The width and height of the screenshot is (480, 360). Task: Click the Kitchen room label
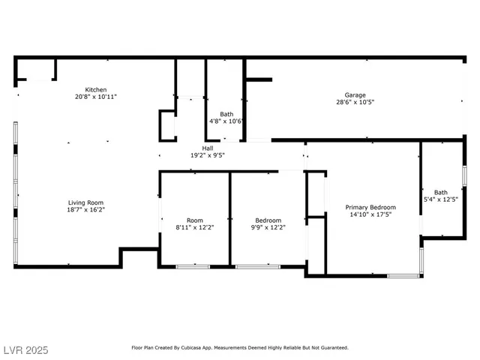point(95,89)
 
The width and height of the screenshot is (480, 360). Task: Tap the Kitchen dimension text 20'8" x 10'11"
point(95,97)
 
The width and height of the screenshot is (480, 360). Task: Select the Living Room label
point(85,202)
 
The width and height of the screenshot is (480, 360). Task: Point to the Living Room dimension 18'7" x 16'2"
point(85,210)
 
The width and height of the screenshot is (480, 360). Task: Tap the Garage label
point(355,94)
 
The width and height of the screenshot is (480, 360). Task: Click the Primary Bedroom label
point(370,207)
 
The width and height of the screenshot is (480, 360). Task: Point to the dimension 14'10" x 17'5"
point(370,214)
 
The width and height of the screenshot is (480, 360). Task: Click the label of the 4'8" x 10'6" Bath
point(226,114)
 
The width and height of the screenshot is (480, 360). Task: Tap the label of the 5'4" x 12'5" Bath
point(440,192)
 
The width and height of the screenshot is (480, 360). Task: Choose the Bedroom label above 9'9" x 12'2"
point(268,220)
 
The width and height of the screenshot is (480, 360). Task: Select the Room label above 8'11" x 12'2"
point(194,220)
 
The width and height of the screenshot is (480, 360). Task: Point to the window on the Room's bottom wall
point(192,266)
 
